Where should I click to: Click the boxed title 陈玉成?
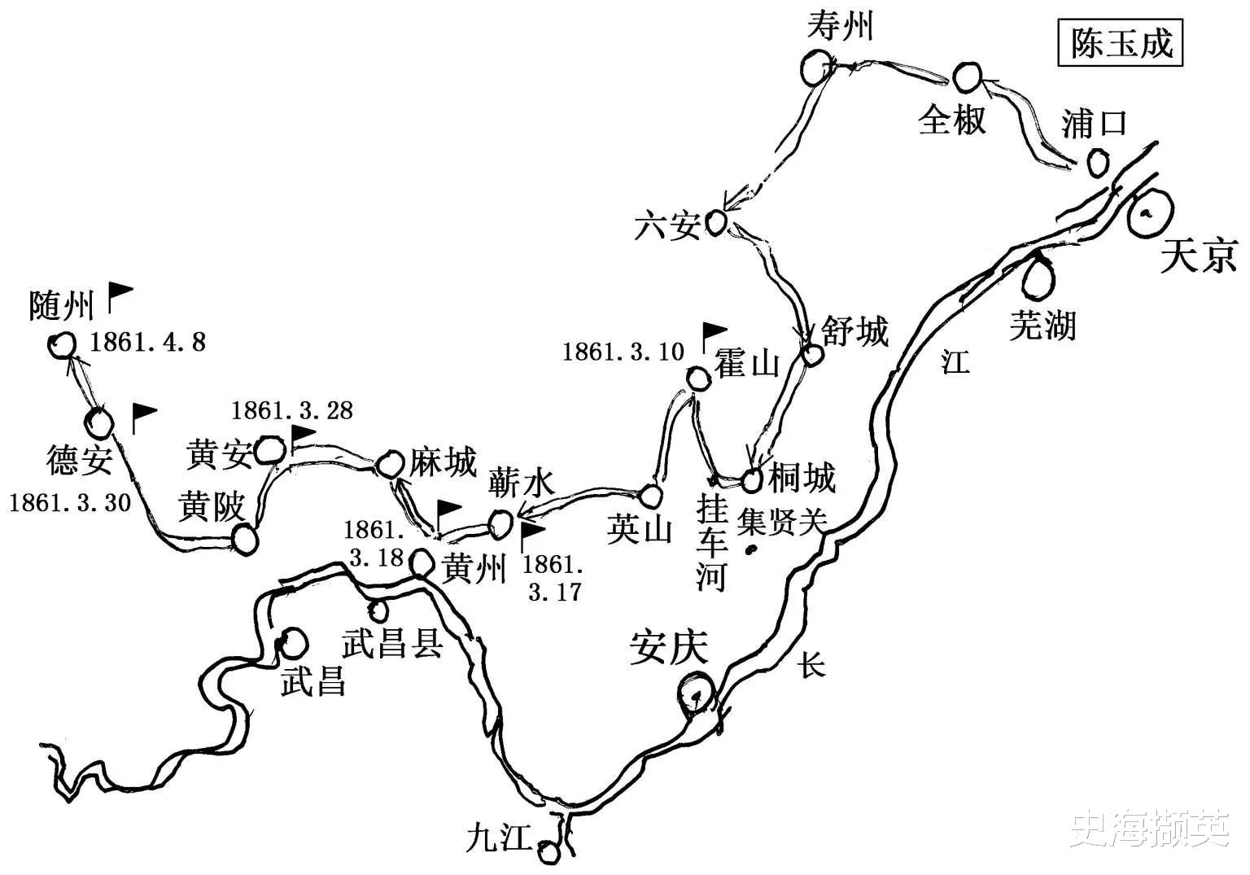1121,44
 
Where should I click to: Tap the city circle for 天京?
1151,213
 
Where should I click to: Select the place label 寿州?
839,27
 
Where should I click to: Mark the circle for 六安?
715,221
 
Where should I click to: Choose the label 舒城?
854,331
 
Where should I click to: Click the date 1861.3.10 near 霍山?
623,352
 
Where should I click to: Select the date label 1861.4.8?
147,343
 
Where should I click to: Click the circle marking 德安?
99,423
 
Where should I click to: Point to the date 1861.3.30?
70,502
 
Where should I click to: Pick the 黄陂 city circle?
243,538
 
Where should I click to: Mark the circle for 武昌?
293,643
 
